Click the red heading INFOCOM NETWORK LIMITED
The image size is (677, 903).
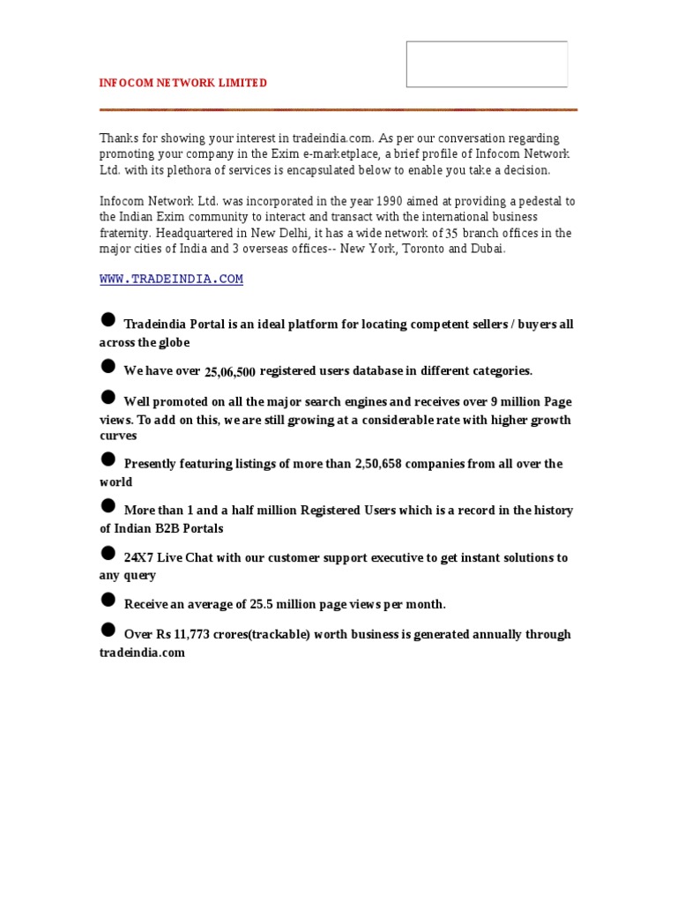[x=182, y=83]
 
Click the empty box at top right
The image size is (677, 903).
[x=487, y=64]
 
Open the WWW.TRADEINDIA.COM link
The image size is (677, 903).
[x=171, y=280]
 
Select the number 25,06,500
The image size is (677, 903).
[x=230, y=373]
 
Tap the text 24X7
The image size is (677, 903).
[x=139, y=558]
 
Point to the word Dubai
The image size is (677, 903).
[x=487, y=249]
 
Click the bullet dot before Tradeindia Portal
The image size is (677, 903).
[x=108, y=319]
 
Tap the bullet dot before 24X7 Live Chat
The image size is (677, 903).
[x=108, y=553]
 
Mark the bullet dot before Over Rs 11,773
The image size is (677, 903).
[x=108, y=630]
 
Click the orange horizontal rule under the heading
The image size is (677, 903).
[x=338, y=109]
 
